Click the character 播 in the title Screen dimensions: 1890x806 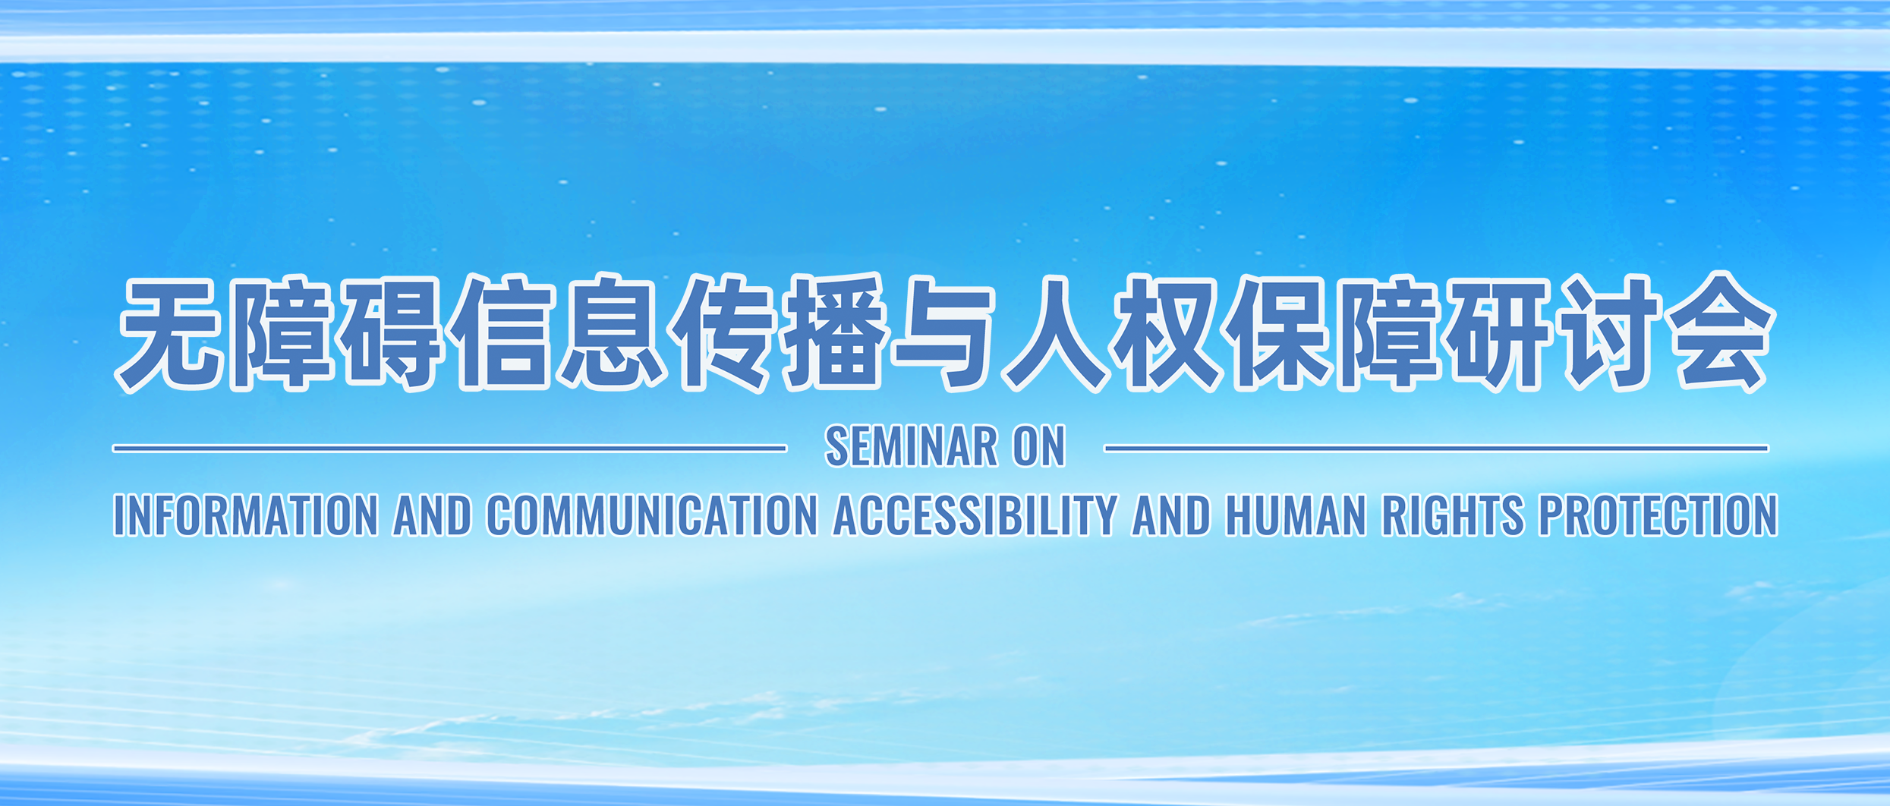click(834, 333)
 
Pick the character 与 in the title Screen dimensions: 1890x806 click(944, 333)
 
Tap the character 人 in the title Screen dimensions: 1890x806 click(1054, 333)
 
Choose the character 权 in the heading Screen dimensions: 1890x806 click(1165, 333)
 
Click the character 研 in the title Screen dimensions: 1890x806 click(1498, 333)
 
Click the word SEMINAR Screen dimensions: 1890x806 click(911, 446)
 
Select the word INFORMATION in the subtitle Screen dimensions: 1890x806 click(246, 515)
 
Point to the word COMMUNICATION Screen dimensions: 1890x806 click(652, 515)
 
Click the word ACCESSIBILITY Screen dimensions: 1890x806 click(975, 515)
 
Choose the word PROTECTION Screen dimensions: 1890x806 click(1658, 515)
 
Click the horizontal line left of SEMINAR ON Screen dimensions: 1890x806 click(449, 449)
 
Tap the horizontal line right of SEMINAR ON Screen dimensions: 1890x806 click(1437, 449)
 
